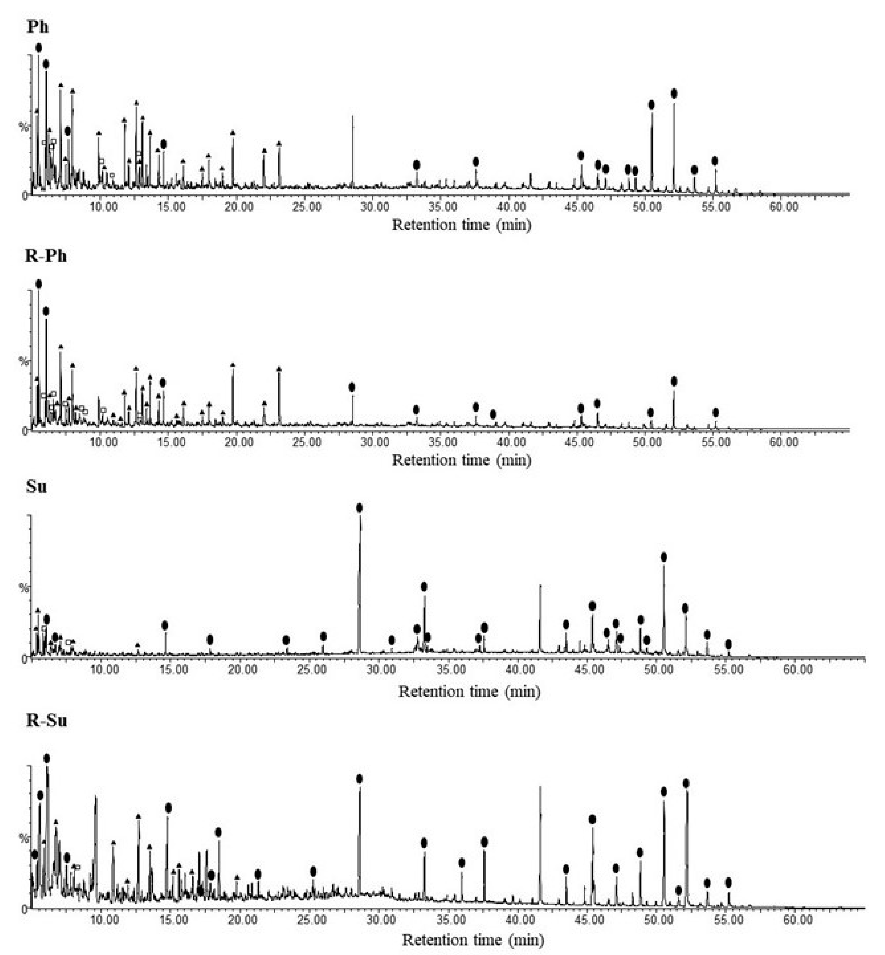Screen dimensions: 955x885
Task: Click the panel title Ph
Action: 37,26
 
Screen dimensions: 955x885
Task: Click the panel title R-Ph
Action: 45,256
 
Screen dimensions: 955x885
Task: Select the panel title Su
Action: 37,487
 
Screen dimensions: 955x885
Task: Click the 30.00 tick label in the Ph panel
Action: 375,207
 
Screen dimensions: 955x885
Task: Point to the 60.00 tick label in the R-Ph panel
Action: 783,442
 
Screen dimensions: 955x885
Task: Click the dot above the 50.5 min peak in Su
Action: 664,557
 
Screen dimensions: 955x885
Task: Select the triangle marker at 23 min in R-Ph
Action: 279,369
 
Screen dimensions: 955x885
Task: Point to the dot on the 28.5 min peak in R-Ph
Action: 352,387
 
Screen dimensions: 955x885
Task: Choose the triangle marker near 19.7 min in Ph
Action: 233,133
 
